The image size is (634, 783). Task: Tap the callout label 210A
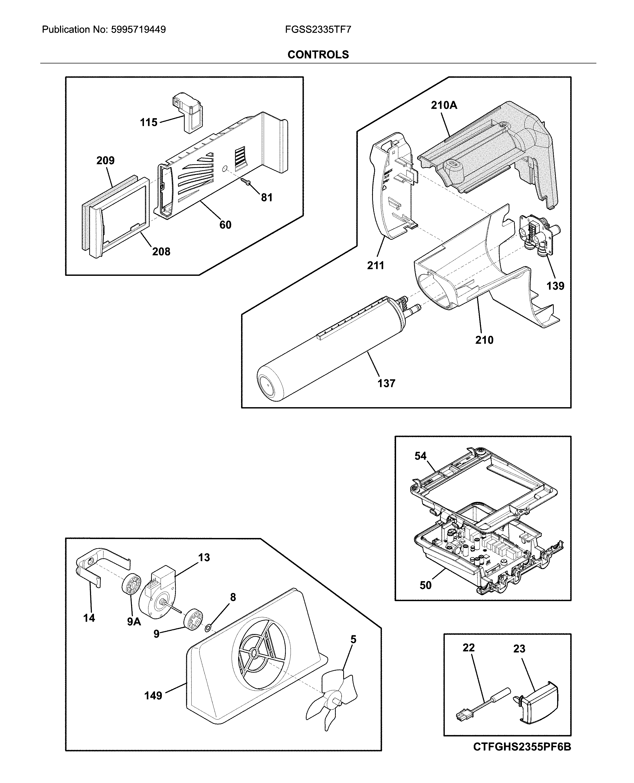pos(444,105)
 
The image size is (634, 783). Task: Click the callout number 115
pos(149,122)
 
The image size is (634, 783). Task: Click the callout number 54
pos(420,456)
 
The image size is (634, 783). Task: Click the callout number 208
pos(161,252)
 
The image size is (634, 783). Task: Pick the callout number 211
pos(376,266)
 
